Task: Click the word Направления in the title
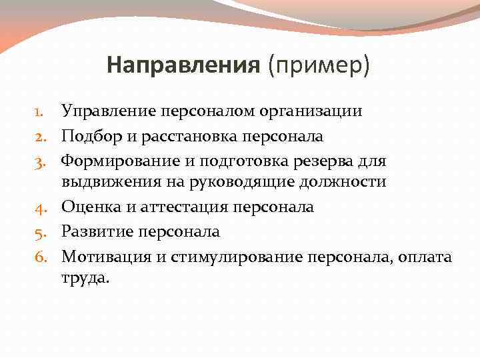tap(183, 65)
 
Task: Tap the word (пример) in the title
tap(319, 65)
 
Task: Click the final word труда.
tap(83, 279)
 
